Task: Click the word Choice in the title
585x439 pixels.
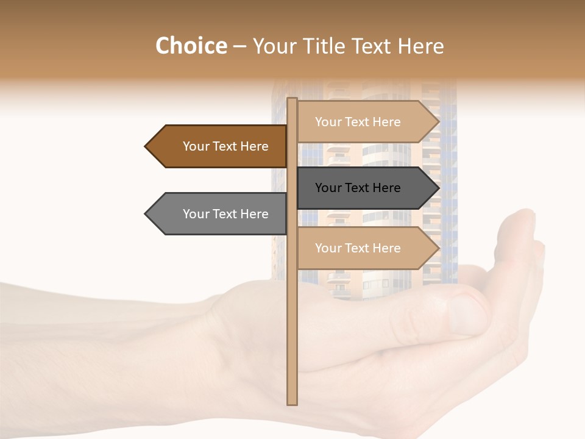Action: (x=191, y=46)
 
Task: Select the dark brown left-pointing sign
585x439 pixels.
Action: (x=219, y=146)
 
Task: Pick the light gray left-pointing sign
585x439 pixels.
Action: (x=219, y=214)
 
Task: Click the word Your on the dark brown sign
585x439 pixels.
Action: (x=196, y=146)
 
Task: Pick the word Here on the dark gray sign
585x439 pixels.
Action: (x=386, y=188)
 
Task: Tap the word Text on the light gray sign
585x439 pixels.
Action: (x=225, y=214)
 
